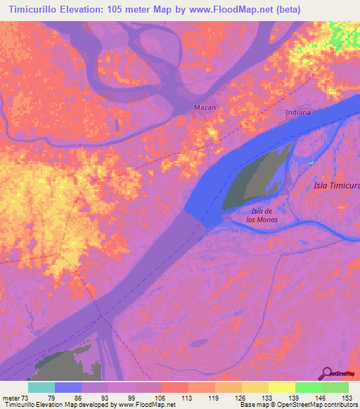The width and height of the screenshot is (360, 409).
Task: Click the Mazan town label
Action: point(205,108)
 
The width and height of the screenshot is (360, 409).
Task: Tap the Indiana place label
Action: point(298,112)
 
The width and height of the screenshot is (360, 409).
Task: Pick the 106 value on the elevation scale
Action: point(161,398)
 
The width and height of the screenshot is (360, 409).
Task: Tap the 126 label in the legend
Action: point(241,398)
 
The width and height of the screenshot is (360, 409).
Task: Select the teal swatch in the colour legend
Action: point(41,387)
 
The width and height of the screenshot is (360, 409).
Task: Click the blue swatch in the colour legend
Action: point(68,387)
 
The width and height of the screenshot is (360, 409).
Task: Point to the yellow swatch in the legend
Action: point(282,387)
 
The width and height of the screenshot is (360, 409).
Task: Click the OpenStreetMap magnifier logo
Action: point(327,373)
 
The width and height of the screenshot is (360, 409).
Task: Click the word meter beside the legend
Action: point(10,398)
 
